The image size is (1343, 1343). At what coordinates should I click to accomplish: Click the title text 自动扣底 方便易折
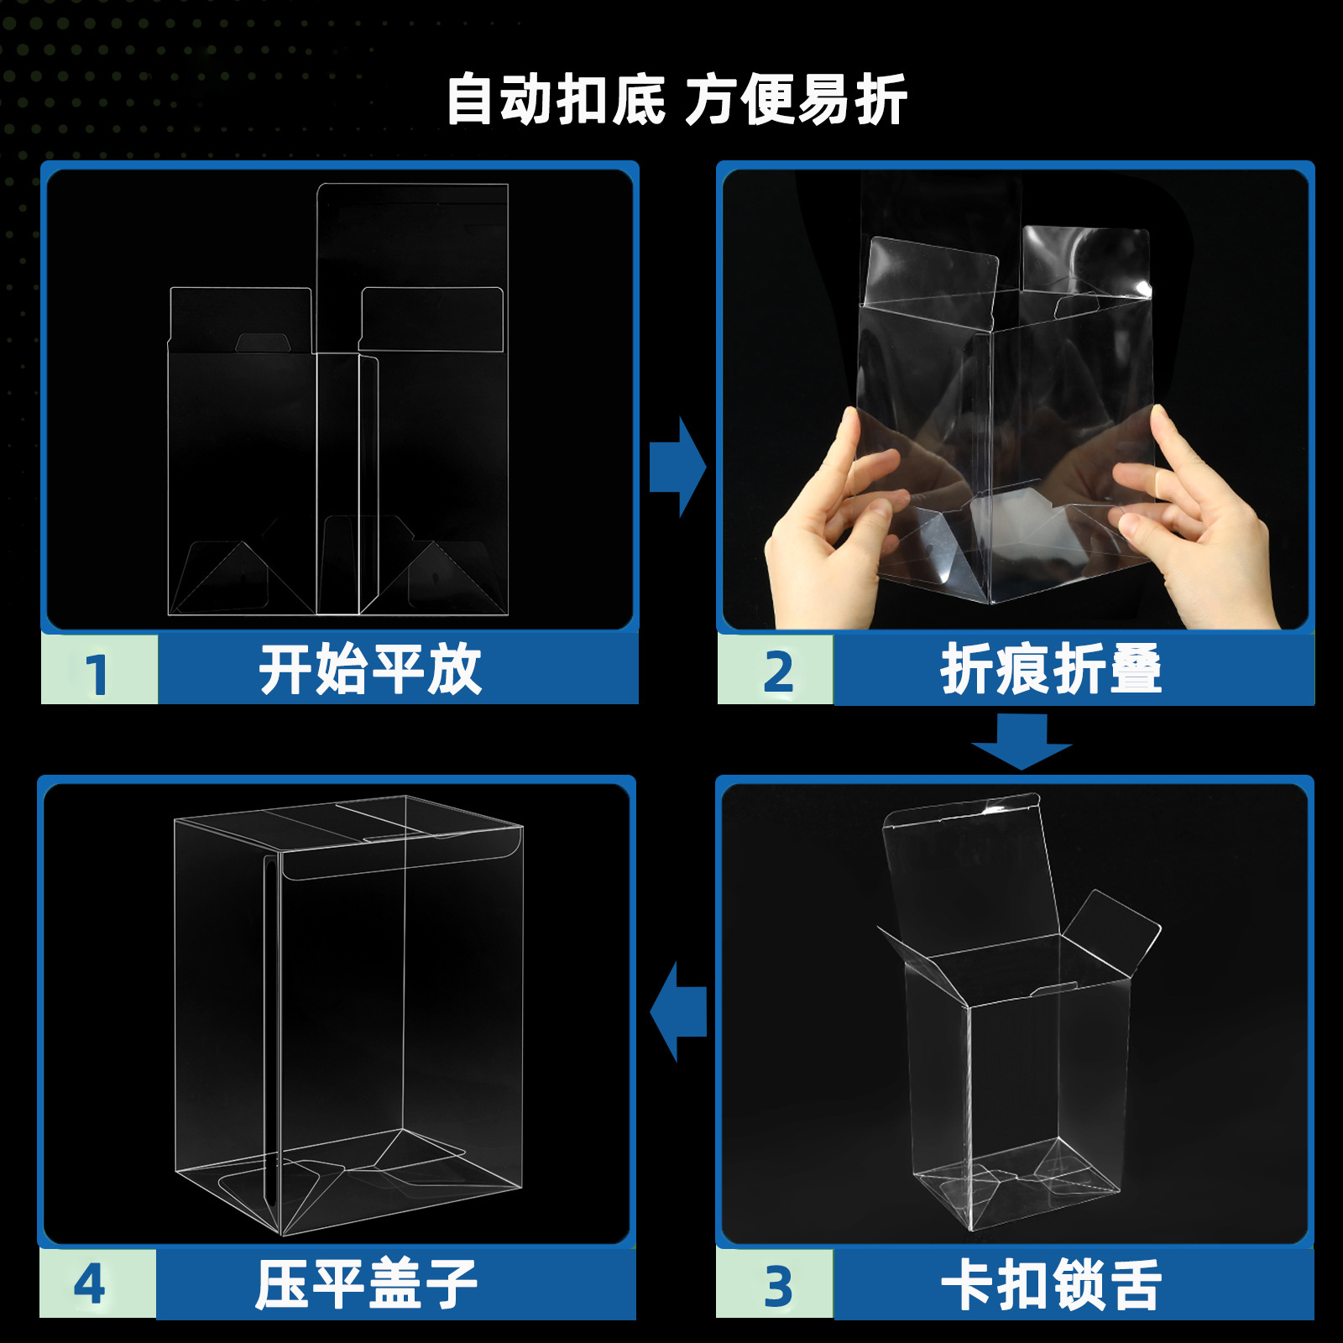(676, 100)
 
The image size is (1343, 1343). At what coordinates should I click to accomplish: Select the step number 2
(777, 671)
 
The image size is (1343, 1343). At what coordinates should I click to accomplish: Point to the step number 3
(777, 1286)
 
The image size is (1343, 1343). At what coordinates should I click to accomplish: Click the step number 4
(90, 1284)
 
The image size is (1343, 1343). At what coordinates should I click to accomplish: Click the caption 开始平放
(369, 670)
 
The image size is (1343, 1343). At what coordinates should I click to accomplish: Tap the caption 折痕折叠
(1051, 670)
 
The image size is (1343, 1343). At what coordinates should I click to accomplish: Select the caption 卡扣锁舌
(1051, 1284)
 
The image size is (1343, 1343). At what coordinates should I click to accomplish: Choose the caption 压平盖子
(367, 1284)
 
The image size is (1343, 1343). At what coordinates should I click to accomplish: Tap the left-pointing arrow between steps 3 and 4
(678, 1011)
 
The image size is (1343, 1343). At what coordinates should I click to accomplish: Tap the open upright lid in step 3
(965, 873)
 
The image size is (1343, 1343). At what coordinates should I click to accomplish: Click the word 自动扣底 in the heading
(555, 100)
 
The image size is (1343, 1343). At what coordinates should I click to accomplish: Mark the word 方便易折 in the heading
(796, 100)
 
